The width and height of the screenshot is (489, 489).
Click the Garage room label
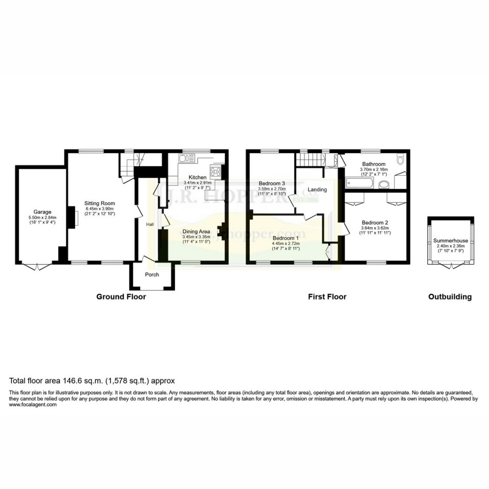coord(42,212)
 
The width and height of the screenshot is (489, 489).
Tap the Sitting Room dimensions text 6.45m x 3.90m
coord(100,209)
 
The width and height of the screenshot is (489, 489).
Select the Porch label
coord(152,275)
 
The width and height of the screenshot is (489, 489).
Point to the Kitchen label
coord(198,177)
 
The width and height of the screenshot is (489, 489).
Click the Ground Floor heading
coord(121,297)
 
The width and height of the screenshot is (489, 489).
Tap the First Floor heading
coord(327,297)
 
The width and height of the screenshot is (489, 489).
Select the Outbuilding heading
coord(450,297)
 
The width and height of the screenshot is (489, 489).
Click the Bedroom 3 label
coord(272,183)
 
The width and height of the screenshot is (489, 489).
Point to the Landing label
coord(317,190)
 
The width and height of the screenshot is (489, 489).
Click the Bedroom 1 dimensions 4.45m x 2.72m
coord(286,244)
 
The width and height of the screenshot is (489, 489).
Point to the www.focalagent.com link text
coord(33,404)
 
